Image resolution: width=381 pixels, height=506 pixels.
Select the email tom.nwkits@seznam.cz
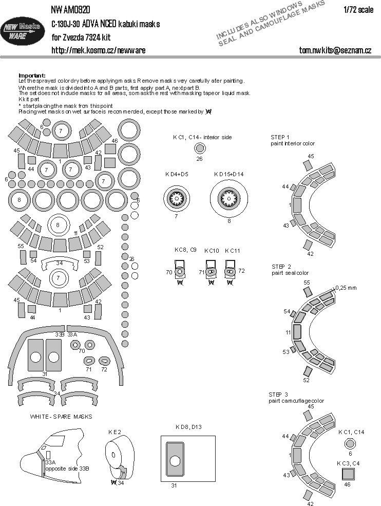(x=335, y=50)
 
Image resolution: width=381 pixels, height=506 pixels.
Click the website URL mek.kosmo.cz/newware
(x=98, y=50)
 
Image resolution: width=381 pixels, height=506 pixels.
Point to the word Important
(x=32, y=75)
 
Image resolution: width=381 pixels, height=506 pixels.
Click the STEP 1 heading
(x=280, y=137)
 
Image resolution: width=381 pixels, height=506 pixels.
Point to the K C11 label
(x=232, y=251)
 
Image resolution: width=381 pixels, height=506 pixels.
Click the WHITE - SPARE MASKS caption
(x=61, y=416)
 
